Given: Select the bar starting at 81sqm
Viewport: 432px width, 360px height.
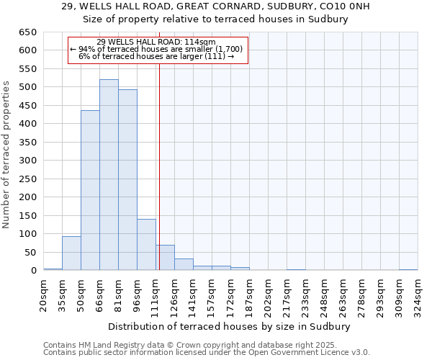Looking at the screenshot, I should [127, 180].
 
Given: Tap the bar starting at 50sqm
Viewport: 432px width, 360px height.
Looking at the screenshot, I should [90, 190].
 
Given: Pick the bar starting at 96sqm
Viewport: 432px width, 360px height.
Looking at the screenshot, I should [146, 245].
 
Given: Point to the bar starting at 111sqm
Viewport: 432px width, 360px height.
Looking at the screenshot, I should [165, 258].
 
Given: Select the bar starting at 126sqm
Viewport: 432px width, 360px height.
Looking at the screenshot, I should [184, 264].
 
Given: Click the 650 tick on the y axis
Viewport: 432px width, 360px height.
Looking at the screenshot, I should [27, 32].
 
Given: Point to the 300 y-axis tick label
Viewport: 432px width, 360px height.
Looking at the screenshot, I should [27, 161].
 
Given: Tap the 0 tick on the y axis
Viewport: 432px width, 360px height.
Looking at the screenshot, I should [33, 271].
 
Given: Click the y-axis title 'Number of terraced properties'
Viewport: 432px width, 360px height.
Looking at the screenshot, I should [6, 155].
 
